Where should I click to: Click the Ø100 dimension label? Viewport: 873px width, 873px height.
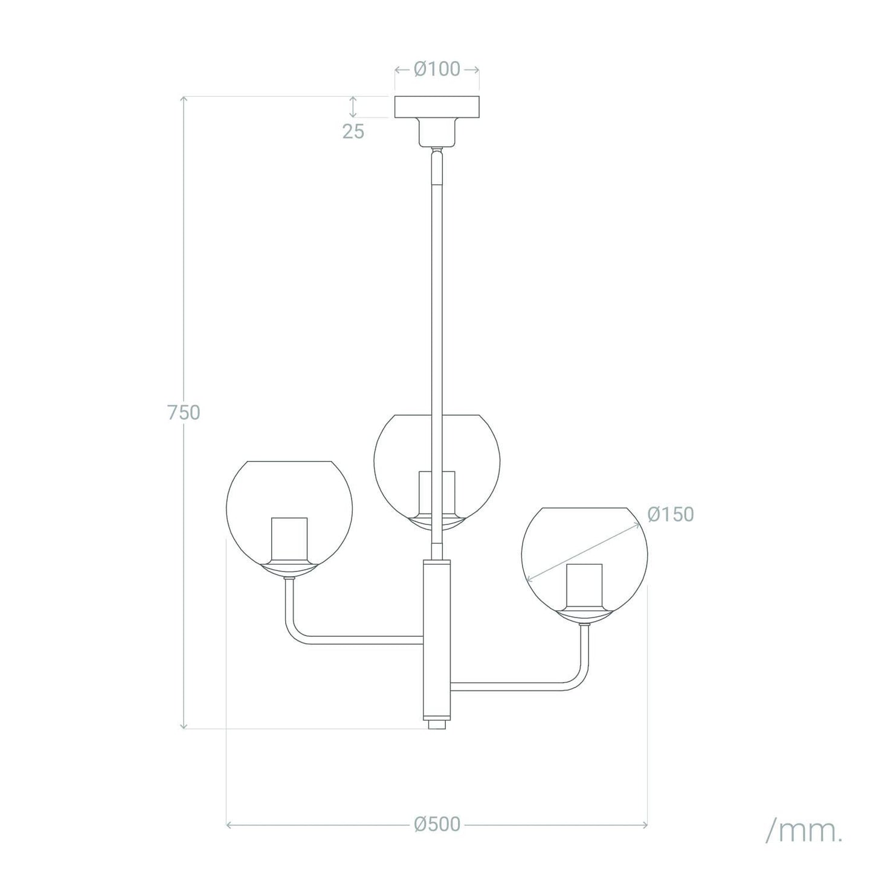click(437, 69)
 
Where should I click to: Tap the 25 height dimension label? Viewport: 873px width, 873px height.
click(353, 131)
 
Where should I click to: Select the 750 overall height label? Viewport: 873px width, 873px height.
click(184, 413)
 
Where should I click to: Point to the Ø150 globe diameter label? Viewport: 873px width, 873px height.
click(671, 514)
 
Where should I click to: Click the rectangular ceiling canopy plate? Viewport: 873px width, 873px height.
click(437, 107)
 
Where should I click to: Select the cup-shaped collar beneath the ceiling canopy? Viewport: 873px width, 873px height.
click(437, 132)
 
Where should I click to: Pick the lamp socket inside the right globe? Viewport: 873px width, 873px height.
click(584, 586)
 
